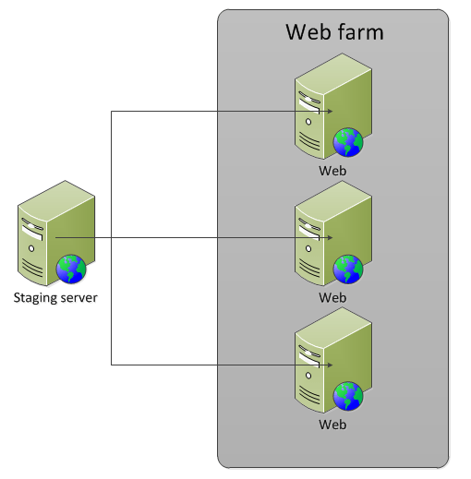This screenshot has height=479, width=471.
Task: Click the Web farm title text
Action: [333, 33]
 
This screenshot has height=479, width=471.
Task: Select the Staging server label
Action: [55, 297]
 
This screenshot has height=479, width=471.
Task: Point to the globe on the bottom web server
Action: [348, 396]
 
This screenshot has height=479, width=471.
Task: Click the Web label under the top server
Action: [332, 171]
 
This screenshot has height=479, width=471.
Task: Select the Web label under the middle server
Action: [332, 297]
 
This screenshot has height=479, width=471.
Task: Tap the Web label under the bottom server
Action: [332, 425]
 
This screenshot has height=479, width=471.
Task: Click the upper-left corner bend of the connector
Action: [111, 112]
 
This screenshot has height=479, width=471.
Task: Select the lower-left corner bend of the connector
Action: [111, 365]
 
